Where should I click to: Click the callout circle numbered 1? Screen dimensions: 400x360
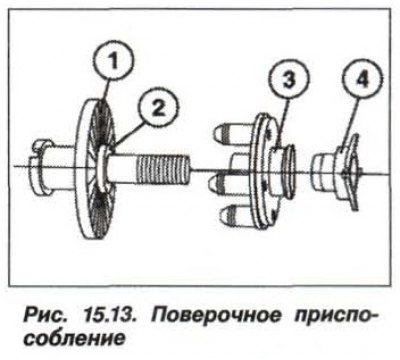pyautogui.click(x=114, y=62)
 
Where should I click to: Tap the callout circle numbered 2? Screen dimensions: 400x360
pyautogui.click(x=159, y=108)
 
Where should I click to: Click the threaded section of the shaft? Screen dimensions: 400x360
pyautogui.click(x=163, y=169)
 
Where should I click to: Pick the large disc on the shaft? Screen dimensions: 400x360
pyautogui.click(x=96, y=169)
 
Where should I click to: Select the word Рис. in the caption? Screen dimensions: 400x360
pyautogui.click(x=43, y=314)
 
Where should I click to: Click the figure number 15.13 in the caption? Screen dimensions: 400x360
pyautogui.click(x=106, y=314)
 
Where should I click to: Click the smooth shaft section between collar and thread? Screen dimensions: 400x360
pyautogui.click(x=122, y=168)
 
